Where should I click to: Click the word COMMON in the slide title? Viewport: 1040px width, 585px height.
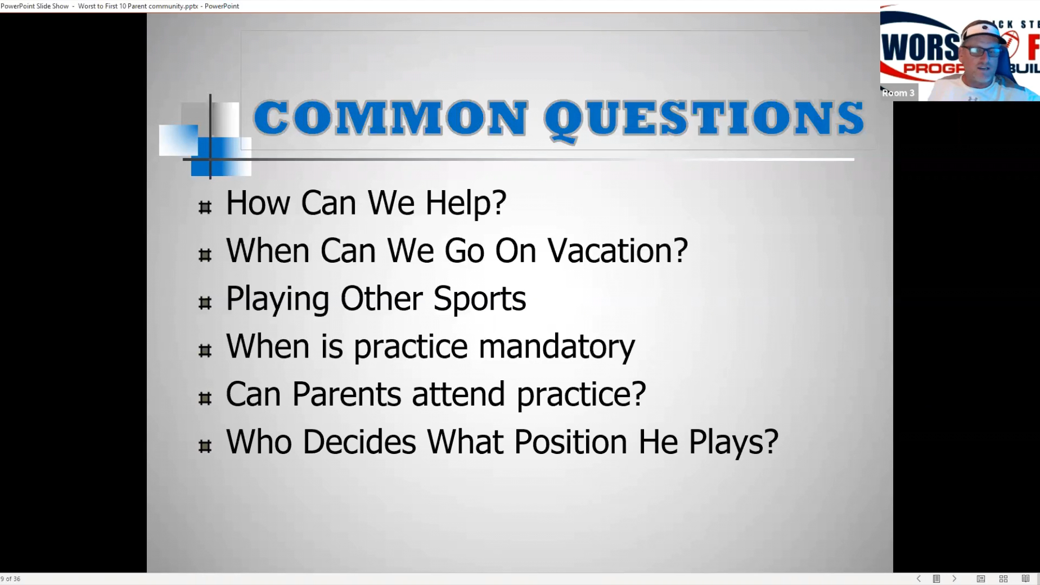point(390,118)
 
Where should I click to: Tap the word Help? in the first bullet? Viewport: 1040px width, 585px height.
point(466,203)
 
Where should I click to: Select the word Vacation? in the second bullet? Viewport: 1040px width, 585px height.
point(617,250)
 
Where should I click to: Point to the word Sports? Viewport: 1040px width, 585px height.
point(479,299)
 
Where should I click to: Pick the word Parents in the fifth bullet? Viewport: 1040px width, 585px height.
point(347,394)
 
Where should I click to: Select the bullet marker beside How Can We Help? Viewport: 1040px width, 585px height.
point(205,207)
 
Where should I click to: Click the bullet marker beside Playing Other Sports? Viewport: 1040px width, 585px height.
point(205,303)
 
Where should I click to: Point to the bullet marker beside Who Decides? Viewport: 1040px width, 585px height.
point(205,446)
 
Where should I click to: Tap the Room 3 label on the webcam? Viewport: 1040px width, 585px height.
point(898,93)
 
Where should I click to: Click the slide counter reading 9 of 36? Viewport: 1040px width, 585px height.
point(10,579)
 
